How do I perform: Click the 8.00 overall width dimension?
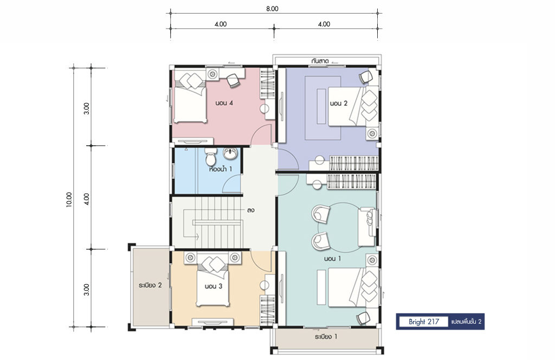272,9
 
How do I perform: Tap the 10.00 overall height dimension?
69,200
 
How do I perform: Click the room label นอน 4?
224,104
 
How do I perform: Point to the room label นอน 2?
339,104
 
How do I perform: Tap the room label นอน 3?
214,286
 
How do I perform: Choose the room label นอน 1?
332,259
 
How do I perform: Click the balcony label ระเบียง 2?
151,285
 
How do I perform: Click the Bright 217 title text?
424,322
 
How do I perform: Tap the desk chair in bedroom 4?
233,80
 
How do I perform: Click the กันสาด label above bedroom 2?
320,61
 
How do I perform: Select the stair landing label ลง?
251,210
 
